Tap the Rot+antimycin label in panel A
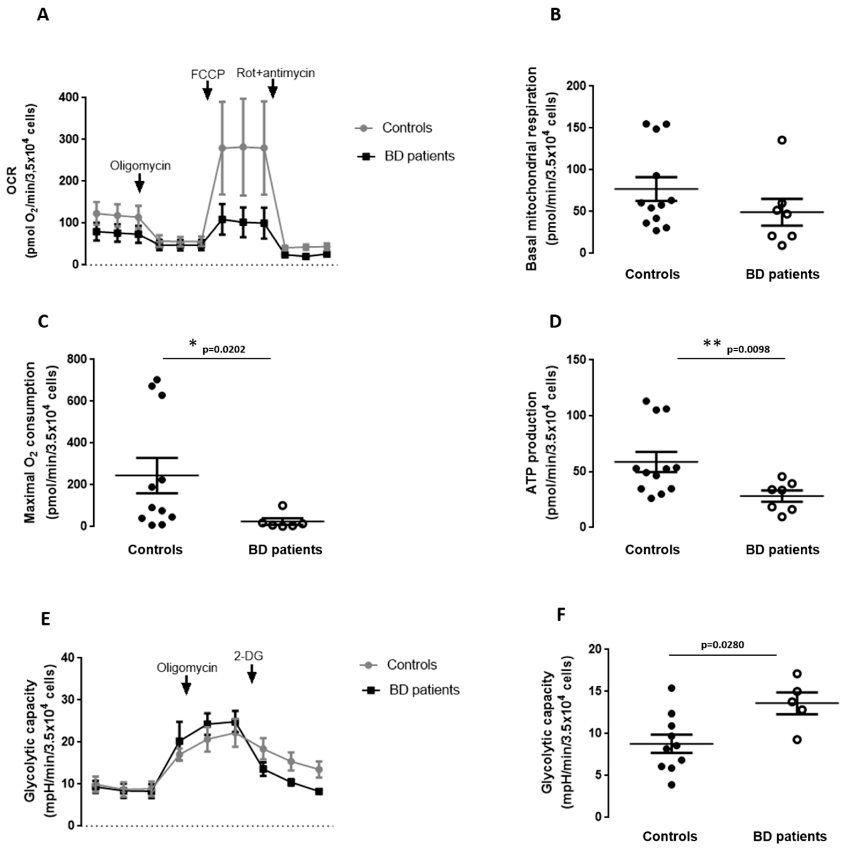pyautogui.click(x=275, y=73)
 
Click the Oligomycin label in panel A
pyautogui.click(x=140, y=166)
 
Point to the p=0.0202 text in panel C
pyautogui.click(x=223, y=350)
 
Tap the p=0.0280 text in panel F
pyautogui.click(x=722, y=645)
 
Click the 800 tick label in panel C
pyautogui.click(x=77, y=359)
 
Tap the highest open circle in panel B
pyautogui.click(x=782, y=140)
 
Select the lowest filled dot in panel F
pyautogui.click(x=671, y=784)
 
